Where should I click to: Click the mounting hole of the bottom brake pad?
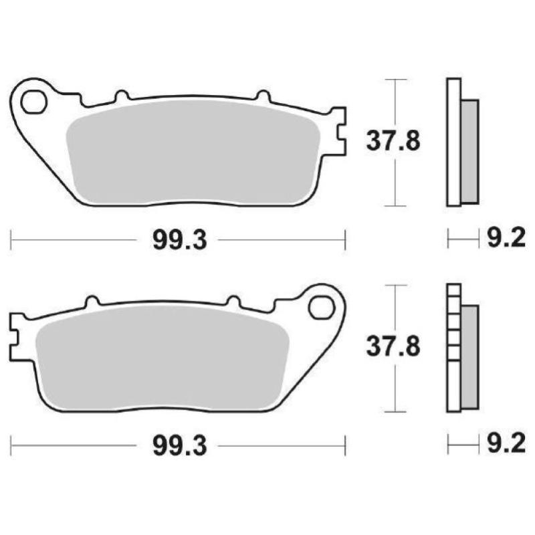[320, 308]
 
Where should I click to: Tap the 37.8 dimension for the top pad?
[393, 141]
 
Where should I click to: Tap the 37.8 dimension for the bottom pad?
[393, 347]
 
